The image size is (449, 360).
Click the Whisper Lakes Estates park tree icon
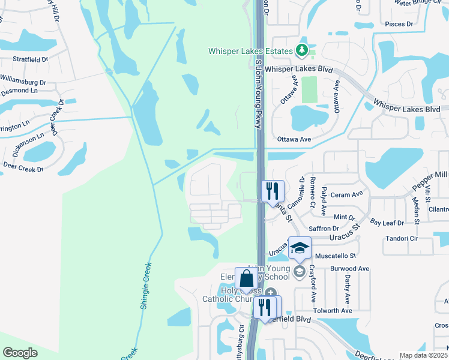(x=303, y=50)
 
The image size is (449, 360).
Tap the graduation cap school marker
(x=300, y=247)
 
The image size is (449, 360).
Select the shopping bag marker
(x=246, y=278)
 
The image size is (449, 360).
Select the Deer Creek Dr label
(x=24, y=169)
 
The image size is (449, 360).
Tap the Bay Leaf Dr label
(x=387, y=223)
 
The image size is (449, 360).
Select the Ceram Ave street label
(x=347, y=194)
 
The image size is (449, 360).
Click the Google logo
(x=20, y=353)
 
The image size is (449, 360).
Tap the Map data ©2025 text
(x=423, y=355)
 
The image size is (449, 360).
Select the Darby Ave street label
(x=347, y=290)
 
